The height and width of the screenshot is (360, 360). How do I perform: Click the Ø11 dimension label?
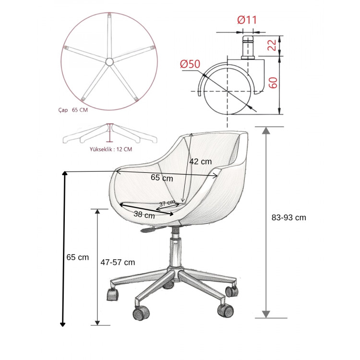click(x=247, y=20)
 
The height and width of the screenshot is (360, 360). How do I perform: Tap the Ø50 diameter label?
click(x=190, y=64)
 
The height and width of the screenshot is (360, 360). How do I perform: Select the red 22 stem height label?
click(x=273, y=45)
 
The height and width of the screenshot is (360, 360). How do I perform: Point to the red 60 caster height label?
click(x=273, y=83)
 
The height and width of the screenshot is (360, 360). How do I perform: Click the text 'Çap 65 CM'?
click(x=73, y=110)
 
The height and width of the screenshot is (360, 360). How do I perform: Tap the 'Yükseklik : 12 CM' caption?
click(x=111, y=149)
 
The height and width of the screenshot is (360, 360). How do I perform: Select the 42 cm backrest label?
click(x=201, y=162)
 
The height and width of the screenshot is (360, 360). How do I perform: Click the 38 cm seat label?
click(x=144, y=215)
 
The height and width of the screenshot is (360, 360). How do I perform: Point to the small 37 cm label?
click(x=167, y=203)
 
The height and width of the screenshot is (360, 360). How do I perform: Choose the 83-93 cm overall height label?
click(x=289, y=217)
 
